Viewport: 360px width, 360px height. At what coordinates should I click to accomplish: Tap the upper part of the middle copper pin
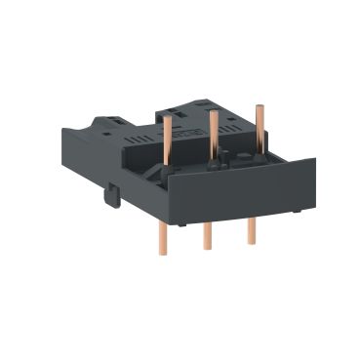point(212,132)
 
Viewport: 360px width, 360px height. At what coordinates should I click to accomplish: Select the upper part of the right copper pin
point(260,122)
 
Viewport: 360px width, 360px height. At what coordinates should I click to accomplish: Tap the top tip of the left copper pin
point(167,115)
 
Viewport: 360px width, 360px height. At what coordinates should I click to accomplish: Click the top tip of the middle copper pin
point(212,112)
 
